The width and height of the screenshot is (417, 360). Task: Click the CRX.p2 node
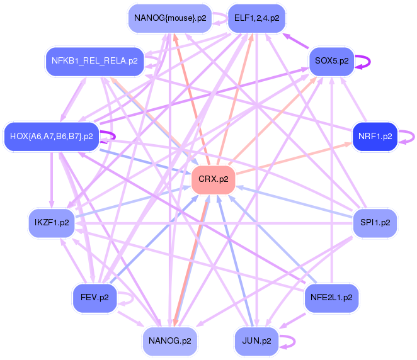click(214, 179)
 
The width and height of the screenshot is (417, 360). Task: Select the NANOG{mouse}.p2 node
click(170, 18)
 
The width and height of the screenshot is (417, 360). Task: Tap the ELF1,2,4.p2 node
click(256, 18)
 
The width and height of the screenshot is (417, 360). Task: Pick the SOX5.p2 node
click(331, 62)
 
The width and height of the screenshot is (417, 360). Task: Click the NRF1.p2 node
click(375, 137)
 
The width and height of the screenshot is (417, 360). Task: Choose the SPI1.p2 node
click(375, 223)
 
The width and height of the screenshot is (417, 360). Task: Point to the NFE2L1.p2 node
click(331, 298)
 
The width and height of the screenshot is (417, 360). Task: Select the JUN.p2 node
click(256, 341)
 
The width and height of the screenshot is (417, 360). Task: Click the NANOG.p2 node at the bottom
click(170, 341)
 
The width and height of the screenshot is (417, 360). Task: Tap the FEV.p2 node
click(94, 298)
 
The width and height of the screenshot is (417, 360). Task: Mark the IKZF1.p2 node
click(52, 223)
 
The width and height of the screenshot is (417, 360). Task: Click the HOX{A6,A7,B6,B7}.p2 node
click(52, 137)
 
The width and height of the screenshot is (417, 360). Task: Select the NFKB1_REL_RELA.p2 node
click(94, 62)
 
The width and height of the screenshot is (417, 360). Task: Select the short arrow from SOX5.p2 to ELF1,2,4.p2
click(295, 41)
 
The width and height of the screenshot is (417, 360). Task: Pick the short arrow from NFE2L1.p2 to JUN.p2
click(292, 321)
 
